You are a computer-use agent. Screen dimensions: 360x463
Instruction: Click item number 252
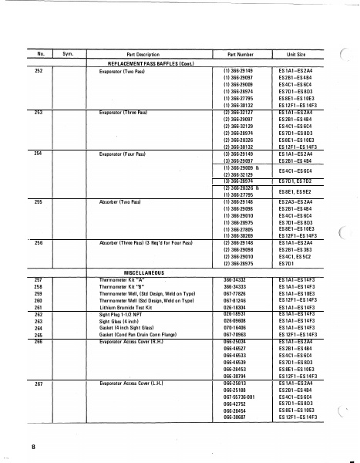click(x=38, y=70)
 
